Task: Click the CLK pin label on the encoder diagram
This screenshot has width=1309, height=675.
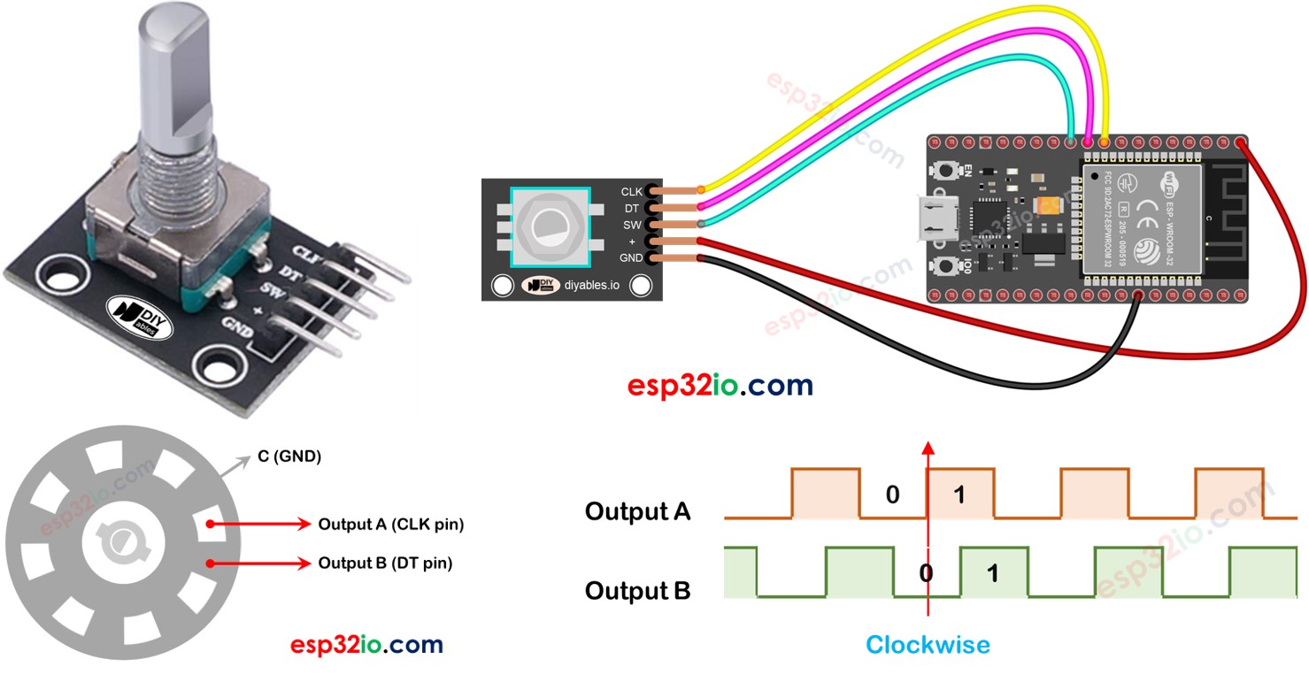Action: tap(632, 191)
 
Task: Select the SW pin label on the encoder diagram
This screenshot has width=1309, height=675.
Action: tap(632, 225)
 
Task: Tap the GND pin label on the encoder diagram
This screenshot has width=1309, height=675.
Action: tap(630, 258)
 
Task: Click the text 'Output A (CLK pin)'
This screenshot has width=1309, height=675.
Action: tap(390, 525)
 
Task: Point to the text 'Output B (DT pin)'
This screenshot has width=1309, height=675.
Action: tap(385, 563)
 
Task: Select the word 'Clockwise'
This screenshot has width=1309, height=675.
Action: tap(928, 645)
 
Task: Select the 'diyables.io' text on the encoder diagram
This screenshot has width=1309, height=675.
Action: tap(592, 285)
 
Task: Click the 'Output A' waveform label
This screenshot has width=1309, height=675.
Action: tap(637, 511)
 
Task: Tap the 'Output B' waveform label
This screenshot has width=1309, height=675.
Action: tap(637, 590)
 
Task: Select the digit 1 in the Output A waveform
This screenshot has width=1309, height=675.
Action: tap(959, 495)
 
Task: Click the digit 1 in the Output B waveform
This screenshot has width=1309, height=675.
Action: tap(992, 573)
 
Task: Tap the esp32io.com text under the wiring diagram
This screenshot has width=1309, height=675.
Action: tap(720, 386)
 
